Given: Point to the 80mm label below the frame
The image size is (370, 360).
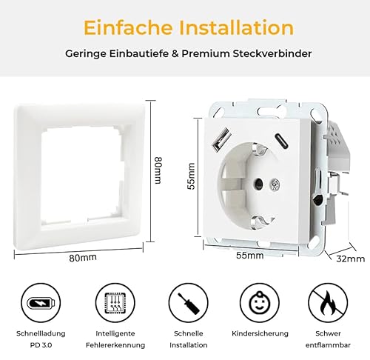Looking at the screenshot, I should tap(84, 258).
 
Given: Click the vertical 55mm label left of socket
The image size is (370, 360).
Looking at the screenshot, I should tap(191, 176).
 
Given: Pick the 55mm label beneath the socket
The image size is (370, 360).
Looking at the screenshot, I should tap(250, 255).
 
